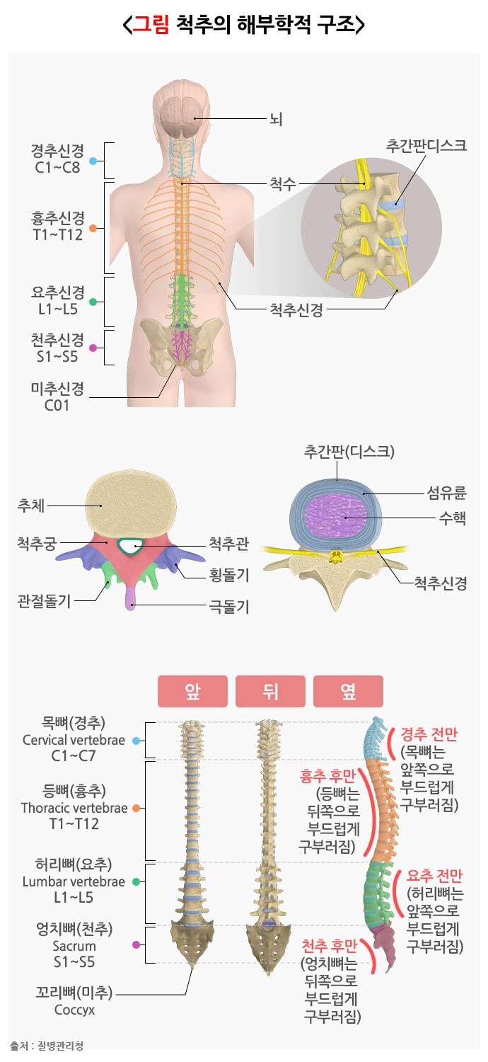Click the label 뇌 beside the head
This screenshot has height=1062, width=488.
[276, 118]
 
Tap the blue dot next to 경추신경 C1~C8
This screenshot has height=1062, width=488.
[93, 161]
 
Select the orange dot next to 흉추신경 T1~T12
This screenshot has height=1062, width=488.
[93, 229]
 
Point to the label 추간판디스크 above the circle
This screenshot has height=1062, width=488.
[426, 146]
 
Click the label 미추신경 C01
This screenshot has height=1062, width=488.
[57, 397]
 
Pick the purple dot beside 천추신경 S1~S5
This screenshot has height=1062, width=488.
[93, 348]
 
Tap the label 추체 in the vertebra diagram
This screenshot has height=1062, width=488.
[31, 506]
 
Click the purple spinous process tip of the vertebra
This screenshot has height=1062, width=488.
[131, 599]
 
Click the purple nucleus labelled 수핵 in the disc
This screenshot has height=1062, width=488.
[337, 515]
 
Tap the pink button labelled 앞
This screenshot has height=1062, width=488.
[192, 691]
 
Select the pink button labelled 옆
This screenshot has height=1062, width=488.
[348, 691]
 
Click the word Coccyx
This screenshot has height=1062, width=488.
[74, 1010]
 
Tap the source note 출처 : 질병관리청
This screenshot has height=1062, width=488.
[47, 1046]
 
